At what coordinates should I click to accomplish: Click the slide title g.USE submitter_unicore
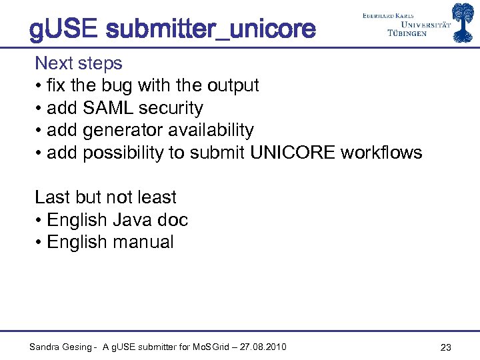tap(172, 29)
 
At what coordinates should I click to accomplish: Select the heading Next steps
tap(79, 63)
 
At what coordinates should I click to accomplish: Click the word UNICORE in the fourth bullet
tap(293, 153)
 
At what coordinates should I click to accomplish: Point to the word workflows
tap(381, 153)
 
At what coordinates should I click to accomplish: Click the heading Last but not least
tap(105, 197)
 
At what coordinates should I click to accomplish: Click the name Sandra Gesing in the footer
tap(60, 347)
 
